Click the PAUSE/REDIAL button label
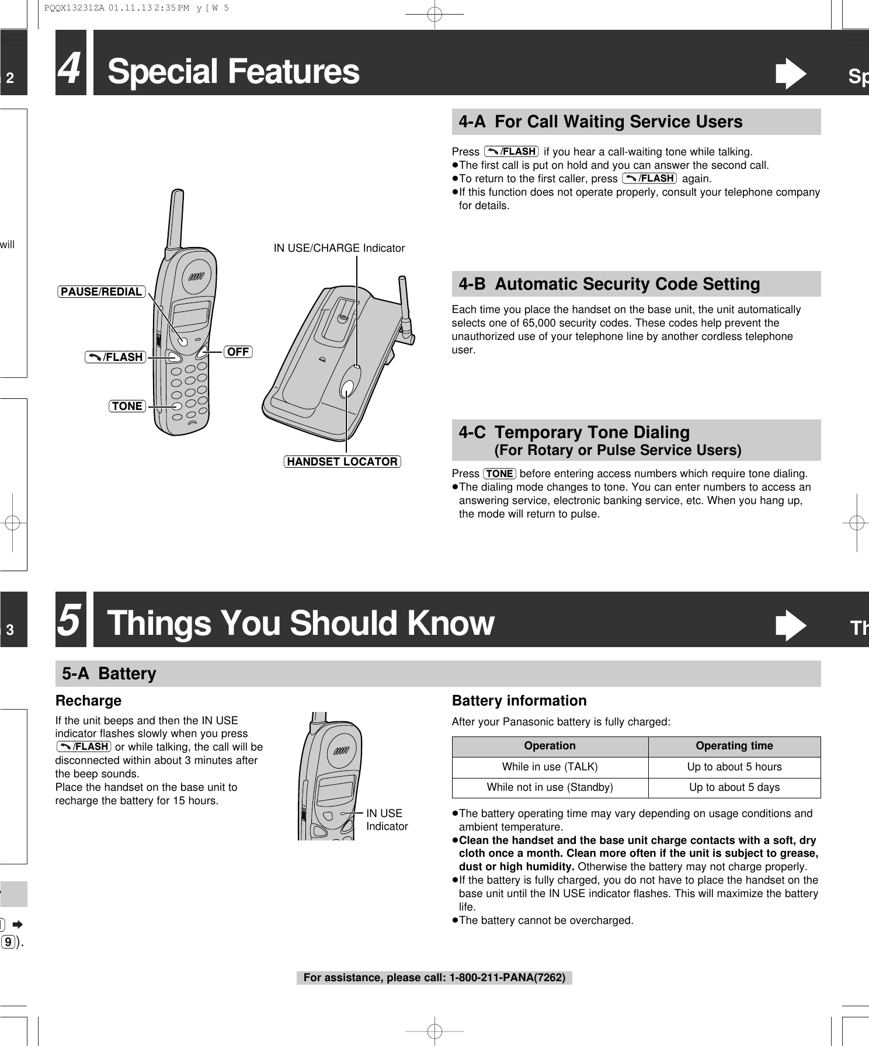coord(102,291)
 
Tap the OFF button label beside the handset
coord(238,352)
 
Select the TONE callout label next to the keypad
coord(127,406)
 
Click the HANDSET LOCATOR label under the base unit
coord(342,461)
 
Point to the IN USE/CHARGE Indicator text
coord(339,248)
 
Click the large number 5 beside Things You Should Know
coord(71,620)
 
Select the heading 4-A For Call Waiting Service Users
coord(600,121)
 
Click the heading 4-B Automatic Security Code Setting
coord(609,284)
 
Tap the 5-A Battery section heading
coord(109,673)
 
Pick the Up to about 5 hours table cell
coord(734,767)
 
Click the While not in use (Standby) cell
coord(550,787)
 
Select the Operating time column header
coord(734,746)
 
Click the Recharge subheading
coord(88,700)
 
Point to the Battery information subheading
coord(519,700)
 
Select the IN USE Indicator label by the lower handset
coord(386,820)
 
